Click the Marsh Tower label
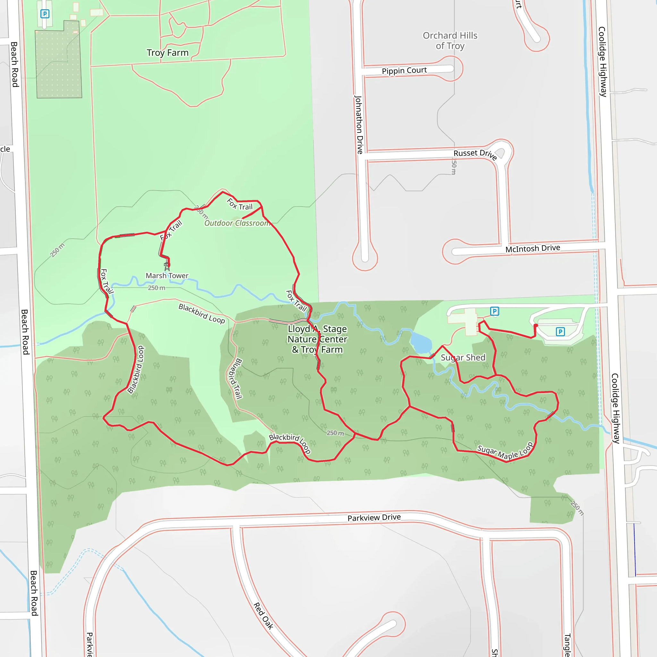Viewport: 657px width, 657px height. coord(167,276)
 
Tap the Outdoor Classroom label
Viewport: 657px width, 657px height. coord(237,223)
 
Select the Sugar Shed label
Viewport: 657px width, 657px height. coord(463,357)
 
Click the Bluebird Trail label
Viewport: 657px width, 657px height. coord(235,379)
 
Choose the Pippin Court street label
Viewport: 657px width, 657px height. coord(404,71)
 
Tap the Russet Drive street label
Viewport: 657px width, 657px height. coord(475,154)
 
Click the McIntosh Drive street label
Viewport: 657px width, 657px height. coord(533,249)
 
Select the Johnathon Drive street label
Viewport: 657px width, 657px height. coord(359,125)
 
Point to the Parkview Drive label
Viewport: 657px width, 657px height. coord(374,517)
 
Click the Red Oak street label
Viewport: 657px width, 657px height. coord(264,616)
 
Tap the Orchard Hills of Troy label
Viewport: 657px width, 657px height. coord(450,40)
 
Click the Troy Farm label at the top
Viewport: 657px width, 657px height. coord(168,53)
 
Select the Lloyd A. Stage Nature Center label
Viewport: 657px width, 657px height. coord(317,339)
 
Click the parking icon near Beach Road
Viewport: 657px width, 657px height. coord(45,13)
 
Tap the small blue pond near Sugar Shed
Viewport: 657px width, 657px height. coord(421,343)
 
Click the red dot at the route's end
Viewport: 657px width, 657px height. coord(536,326)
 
